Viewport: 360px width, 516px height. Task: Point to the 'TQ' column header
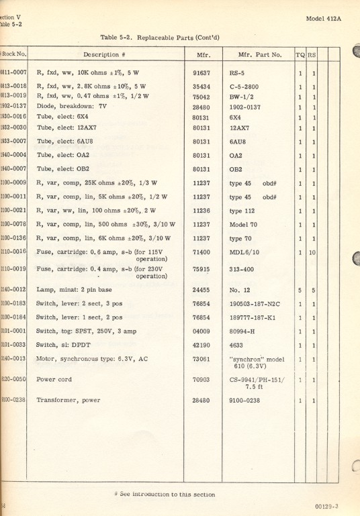(x=301, y=54)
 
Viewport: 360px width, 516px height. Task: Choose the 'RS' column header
(x=313, y=54)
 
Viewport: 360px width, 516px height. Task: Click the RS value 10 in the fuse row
(x=314, y=252)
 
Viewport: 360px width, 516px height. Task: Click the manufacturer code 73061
(x=201, y=358)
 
